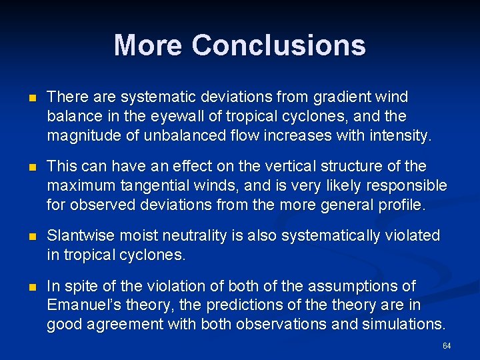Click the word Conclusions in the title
click(x=279, y=45)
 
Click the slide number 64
click(x=447, y=346)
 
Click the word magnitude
click(x=81, y=136)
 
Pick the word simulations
click(x=404, y=325)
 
